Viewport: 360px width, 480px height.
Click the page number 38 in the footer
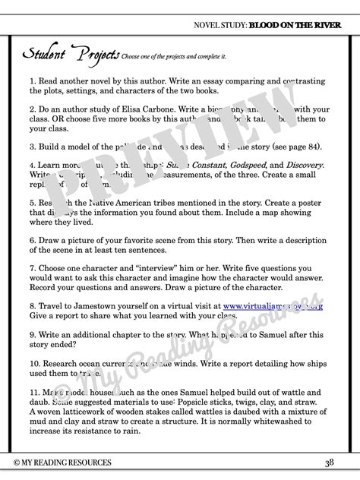329,463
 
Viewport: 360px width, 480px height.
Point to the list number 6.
33,238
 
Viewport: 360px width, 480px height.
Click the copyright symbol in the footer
17,463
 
